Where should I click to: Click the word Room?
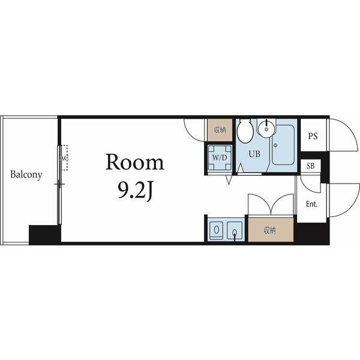coord(135,163)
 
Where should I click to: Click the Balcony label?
coord(26,175)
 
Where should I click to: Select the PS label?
coord(313,136)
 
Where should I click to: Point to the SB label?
coord(311,166)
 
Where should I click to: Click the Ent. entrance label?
coord(311,204)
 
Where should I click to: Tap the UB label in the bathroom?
coord(254,154)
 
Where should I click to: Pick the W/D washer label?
coord(220,158)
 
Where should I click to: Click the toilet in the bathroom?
coord(245,131)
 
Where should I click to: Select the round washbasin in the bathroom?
coord(266,128)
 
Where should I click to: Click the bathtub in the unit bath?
coord(283,145)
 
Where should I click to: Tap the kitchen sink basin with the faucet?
coord(235,230)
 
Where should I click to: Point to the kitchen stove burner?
coord(216,230)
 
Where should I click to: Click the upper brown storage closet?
coord(220,130)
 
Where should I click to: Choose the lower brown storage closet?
coord(271,230)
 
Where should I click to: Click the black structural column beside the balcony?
coord(45,235)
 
